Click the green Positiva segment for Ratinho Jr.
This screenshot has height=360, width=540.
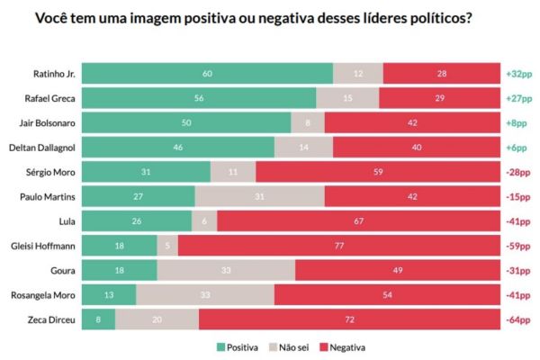(208, 74)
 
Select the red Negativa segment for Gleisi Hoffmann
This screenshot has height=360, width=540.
(340, 244)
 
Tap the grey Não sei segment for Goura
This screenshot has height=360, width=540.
(226, 269)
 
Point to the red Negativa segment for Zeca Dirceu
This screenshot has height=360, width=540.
(349, 318)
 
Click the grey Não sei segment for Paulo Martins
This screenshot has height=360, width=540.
(260, 195)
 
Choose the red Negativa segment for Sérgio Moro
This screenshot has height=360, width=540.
(377, 171)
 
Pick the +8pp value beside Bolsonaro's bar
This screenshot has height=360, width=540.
(517, 122)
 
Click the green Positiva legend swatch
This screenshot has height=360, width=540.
(222, 346)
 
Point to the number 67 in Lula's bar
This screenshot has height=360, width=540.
(358, 220)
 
